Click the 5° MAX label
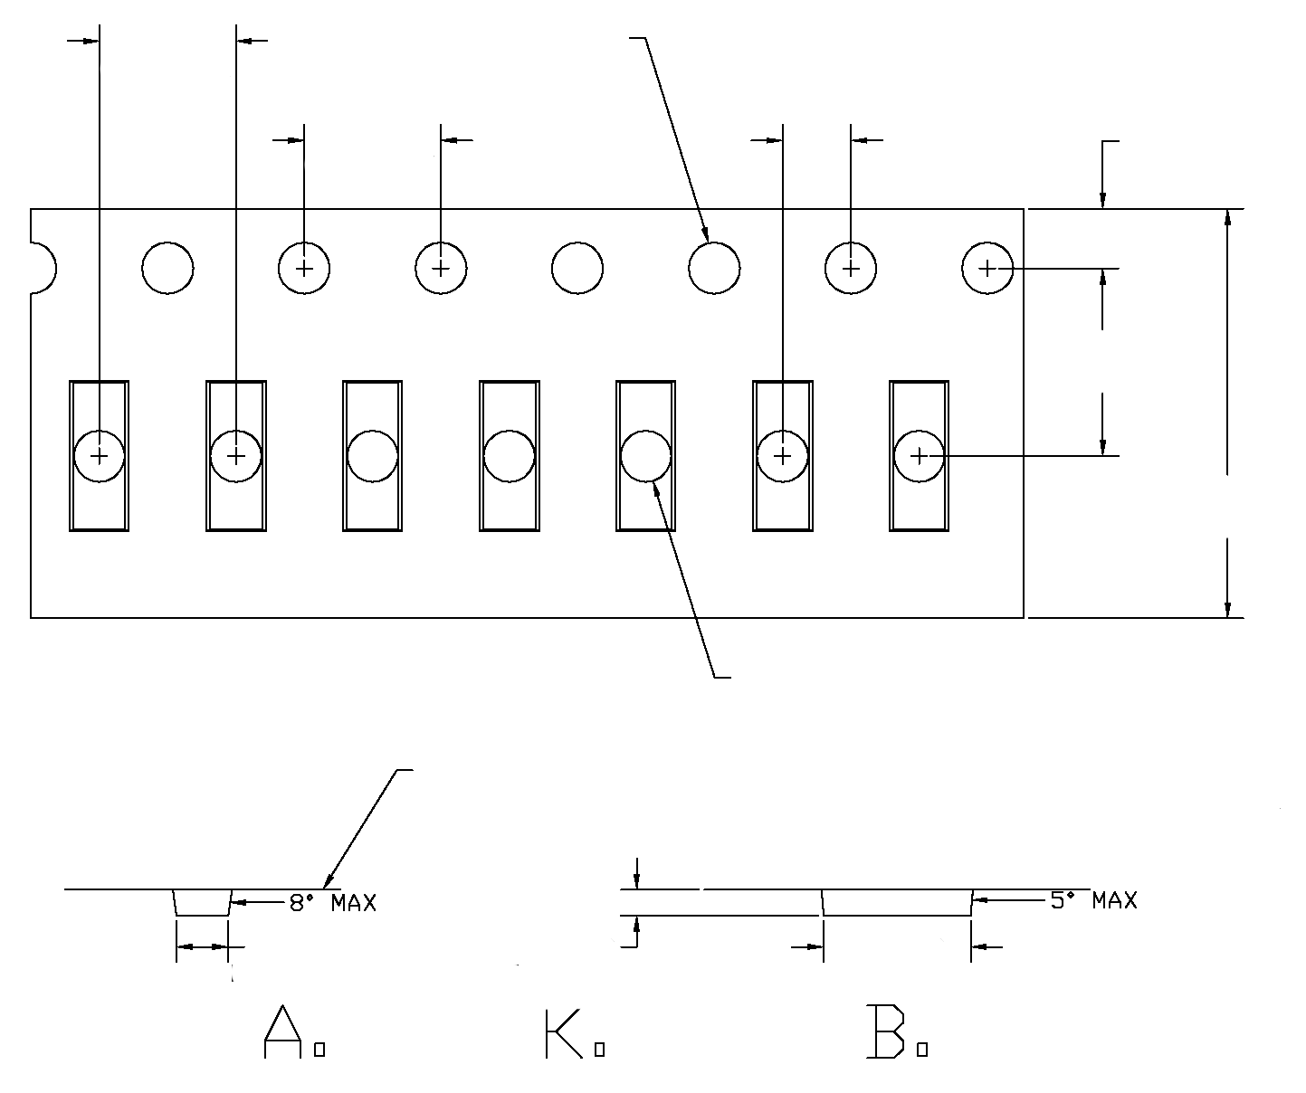tap(1092, 900)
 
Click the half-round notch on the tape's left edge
tap(42, 268)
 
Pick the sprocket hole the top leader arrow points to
tap(714, 268)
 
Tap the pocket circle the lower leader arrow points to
tap(645, 455)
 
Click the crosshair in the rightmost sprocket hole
tap(987, 269)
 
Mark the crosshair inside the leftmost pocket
tap(100, 455)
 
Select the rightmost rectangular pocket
tap(919, 455)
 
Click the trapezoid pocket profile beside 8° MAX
tap(203, 903)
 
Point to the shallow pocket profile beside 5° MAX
tap(896, 903)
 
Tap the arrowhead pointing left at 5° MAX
tap(979, 900)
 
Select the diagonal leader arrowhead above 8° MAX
tap(328, 881)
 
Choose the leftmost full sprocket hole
tap(168, 268)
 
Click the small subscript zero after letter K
tap(599, 1050)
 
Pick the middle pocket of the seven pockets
tap(509, 455)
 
